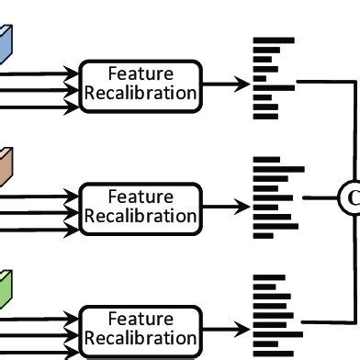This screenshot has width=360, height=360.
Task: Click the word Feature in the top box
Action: [140, 73]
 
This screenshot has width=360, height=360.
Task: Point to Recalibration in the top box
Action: [140, 93]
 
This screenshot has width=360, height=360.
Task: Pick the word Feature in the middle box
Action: [140, 197]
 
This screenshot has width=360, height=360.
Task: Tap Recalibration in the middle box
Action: [140, 216]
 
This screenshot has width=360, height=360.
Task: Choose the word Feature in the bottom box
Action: [140, 319]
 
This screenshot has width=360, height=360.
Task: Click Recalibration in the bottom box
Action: [140, 338]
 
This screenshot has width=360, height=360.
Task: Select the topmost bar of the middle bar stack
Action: [266, 160]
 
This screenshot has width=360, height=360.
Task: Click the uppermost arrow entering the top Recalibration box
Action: [41, 69]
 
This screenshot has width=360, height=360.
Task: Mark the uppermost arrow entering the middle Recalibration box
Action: [41, 193]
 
